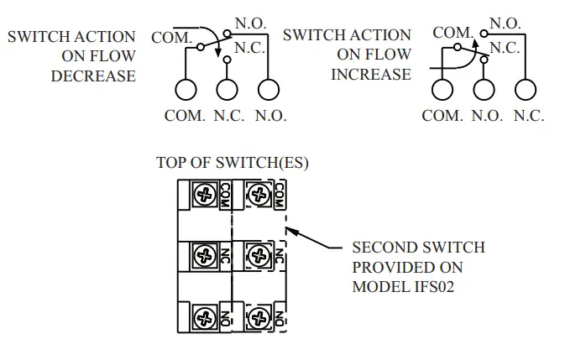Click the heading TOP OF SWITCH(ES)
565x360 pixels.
point(233,163)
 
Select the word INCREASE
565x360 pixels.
point(371,74)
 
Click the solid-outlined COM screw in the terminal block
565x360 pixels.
point(204,196)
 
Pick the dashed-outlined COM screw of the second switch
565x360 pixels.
point(258,196)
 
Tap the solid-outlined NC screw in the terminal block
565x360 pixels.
point(204,254)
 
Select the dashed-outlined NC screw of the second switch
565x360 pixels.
point(258,254)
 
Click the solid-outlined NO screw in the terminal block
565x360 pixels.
point(204,318)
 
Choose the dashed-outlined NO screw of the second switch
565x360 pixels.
point(258,318)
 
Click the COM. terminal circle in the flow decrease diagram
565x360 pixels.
point(185,89)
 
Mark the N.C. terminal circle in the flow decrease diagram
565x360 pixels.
point(226,89)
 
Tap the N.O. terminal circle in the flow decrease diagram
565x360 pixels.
point(267,89)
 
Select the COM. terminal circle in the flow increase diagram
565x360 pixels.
point(442,89)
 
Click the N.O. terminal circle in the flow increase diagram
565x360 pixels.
point(484,89)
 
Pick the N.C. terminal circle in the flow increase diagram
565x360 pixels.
point(526,89)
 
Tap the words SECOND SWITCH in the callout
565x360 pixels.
point(418,248)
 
